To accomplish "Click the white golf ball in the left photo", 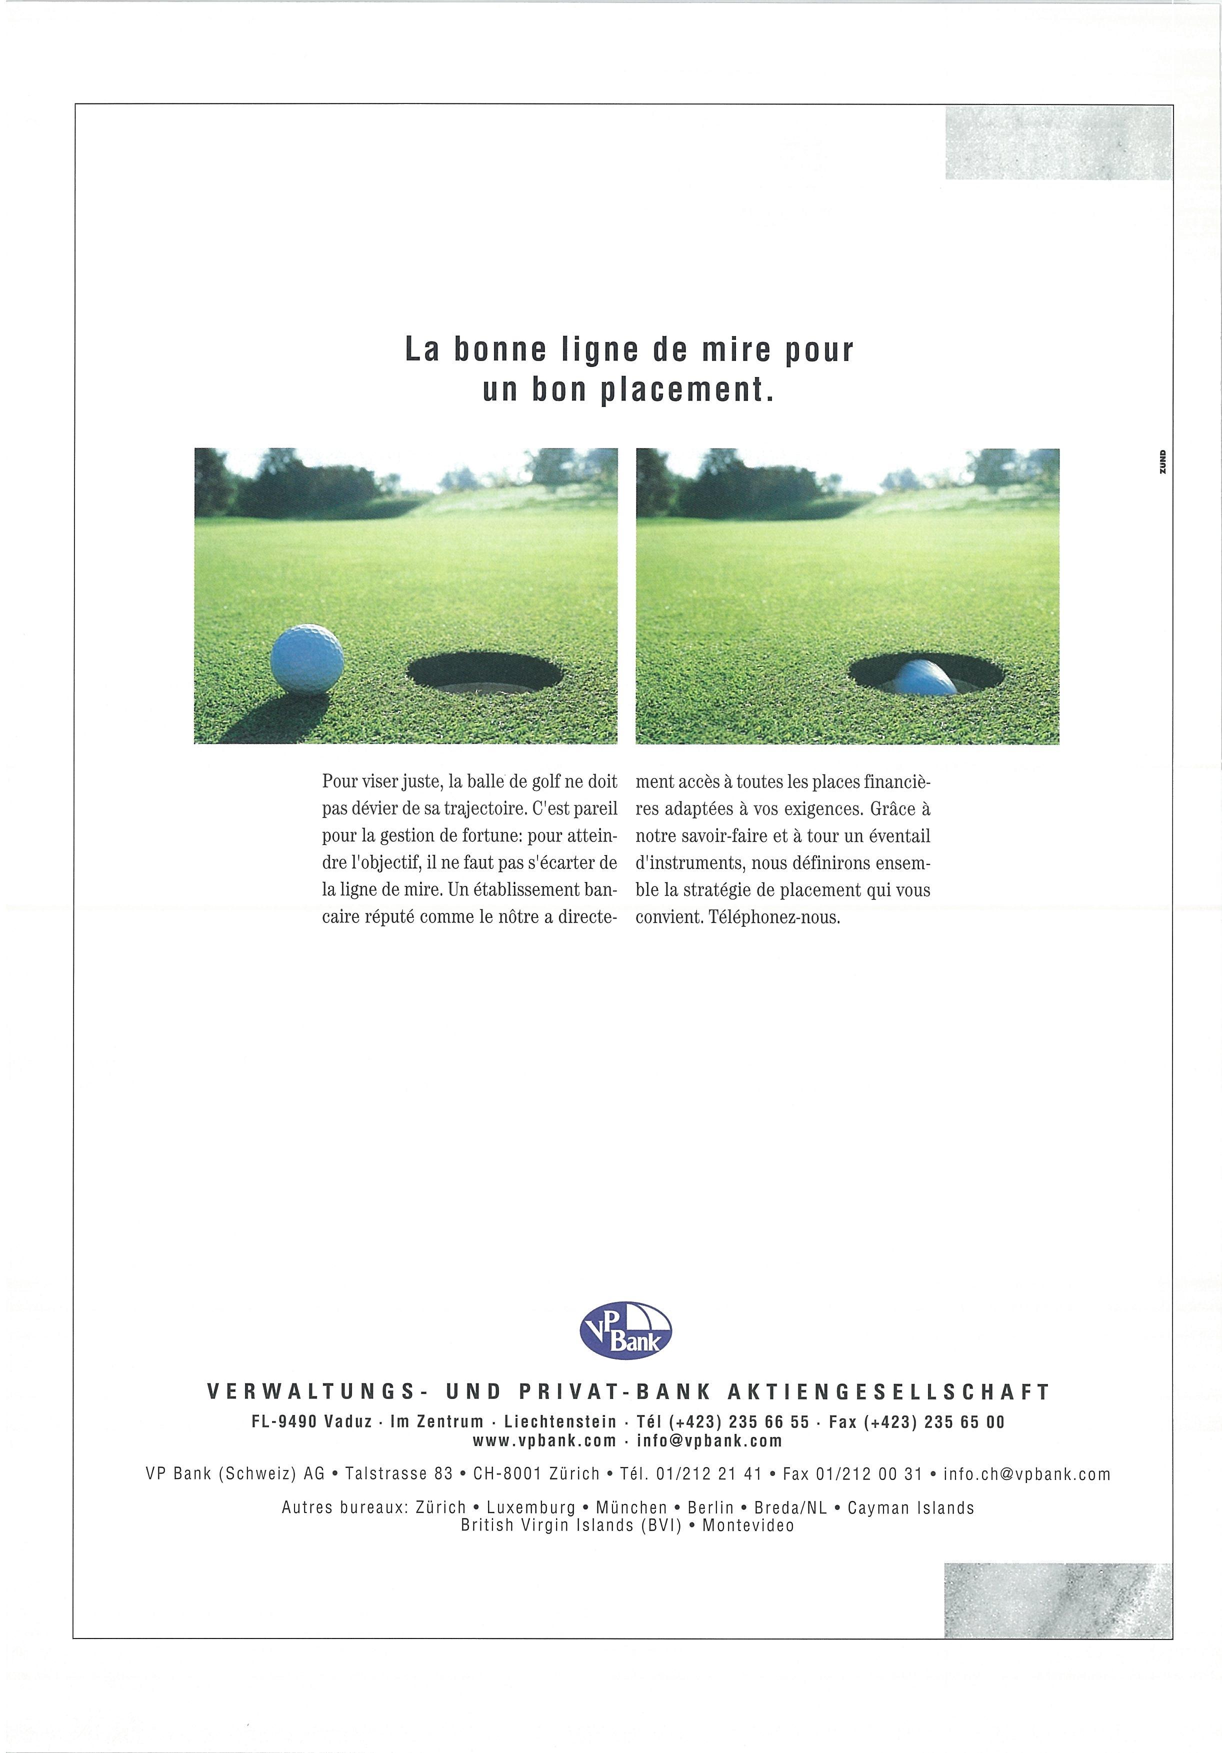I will click(307, 659).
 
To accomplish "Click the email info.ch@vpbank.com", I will click(1026, 1473).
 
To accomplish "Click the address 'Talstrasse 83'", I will click(398, 1473).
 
